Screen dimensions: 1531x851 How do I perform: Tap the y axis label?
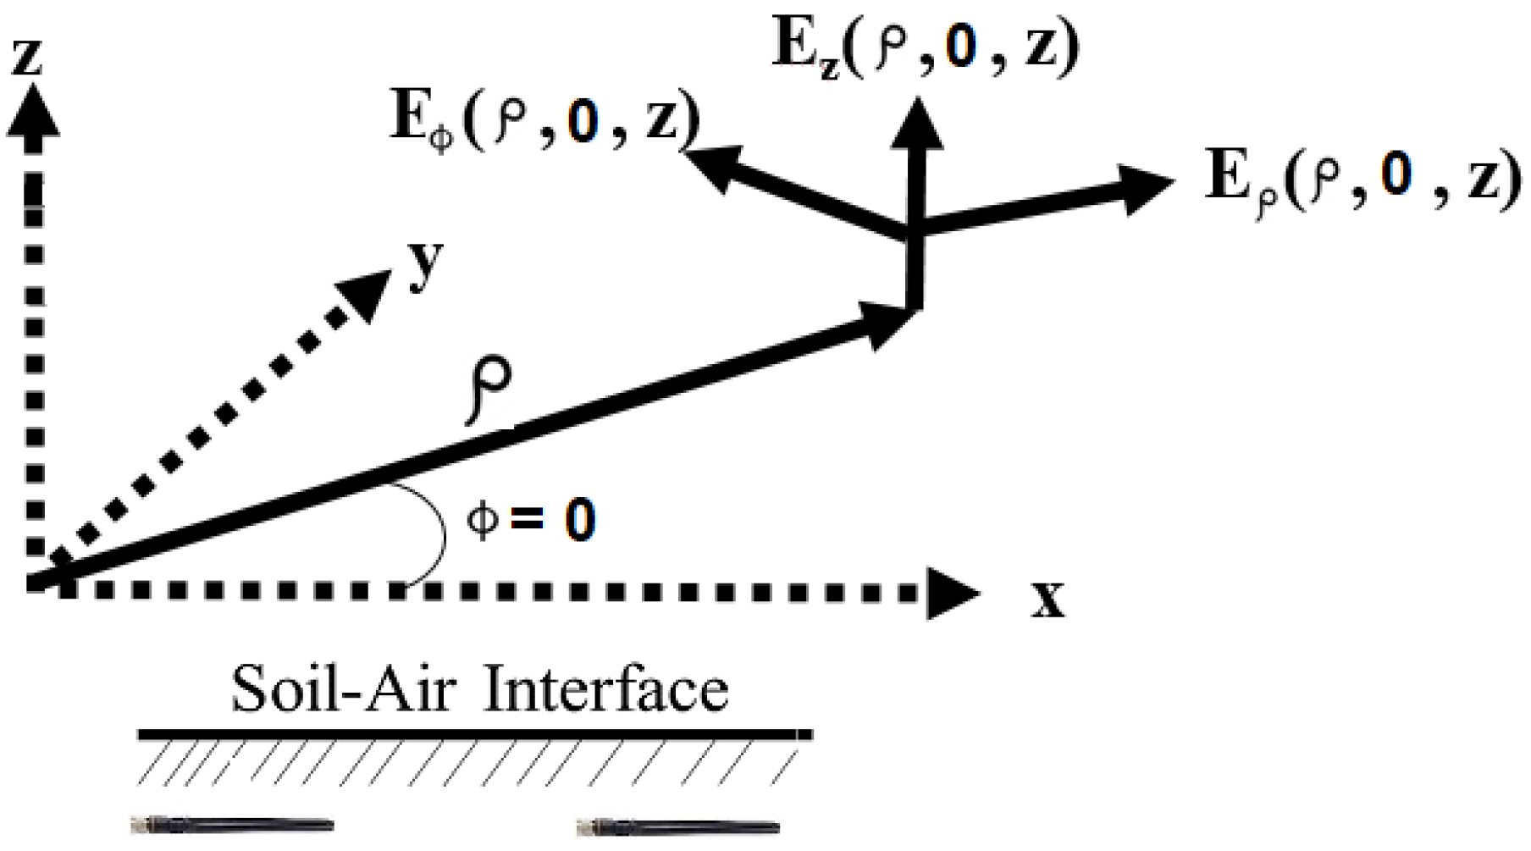[425, 265]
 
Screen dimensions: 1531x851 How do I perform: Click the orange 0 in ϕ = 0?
[580, 519]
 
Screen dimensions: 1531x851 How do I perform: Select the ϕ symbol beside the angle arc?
[483, 519]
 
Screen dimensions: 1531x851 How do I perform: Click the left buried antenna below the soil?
[232, 825]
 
